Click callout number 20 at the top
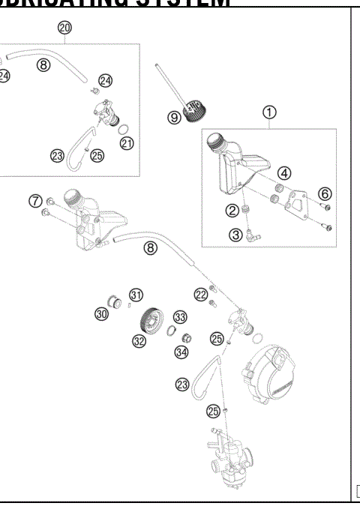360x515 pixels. tap(64, 28)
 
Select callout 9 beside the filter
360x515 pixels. tap(174, 117)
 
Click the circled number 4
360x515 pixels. tap(286, 174)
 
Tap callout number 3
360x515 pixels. tap(235, 235)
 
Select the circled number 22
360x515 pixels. tap(200, 295)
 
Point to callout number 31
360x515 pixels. tap(136, 294)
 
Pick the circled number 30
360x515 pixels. tap(101, 314)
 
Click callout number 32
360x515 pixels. tap(139, 341)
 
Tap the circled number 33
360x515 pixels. tap(180, 317)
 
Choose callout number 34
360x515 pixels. tap(181, 352)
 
